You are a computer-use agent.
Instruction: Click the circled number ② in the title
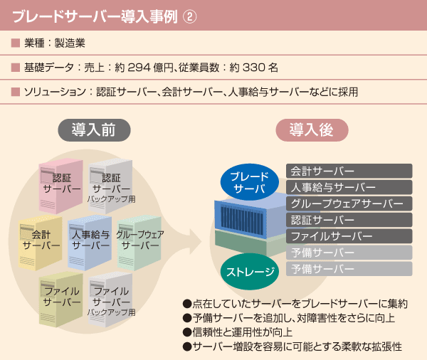[x=189, y=16]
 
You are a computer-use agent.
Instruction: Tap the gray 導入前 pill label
[x=94, y=130]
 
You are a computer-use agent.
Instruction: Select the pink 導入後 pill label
[x=312, y=130]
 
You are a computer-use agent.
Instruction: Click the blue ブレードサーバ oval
[x=250, y=182]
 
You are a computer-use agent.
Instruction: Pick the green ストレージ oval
[x=250, y=272]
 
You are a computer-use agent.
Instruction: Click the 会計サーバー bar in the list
[x=349, y=171]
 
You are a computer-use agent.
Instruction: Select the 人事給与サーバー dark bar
[x=349, y=187]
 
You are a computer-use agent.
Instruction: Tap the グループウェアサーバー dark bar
[x=349, y=203]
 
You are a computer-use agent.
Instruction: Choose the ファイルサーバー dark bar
[x=349, y=236]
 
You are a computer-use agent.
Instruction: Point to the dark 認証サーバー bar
[x=349, y=220]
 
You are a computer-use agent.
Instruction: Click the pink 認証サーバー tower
[x=61, y=186]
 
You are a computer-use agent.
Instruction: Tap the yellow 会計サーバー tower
[x=40, y=243]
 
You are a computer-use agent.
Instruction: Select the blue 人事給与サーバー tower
[x=90, y=243]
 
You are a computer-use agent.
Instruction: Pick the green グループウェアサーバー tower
[x=139, y=243]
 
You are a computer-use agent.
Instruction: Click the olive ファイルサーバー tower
[x=61, y=300]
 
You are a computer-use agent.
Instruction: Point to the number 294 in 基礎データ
[x=139, y=68]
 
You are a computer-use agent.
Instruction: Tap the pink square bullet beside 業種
[x=16, y=43]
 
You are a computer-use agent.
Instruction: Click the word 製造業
[x=70, y=43]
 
